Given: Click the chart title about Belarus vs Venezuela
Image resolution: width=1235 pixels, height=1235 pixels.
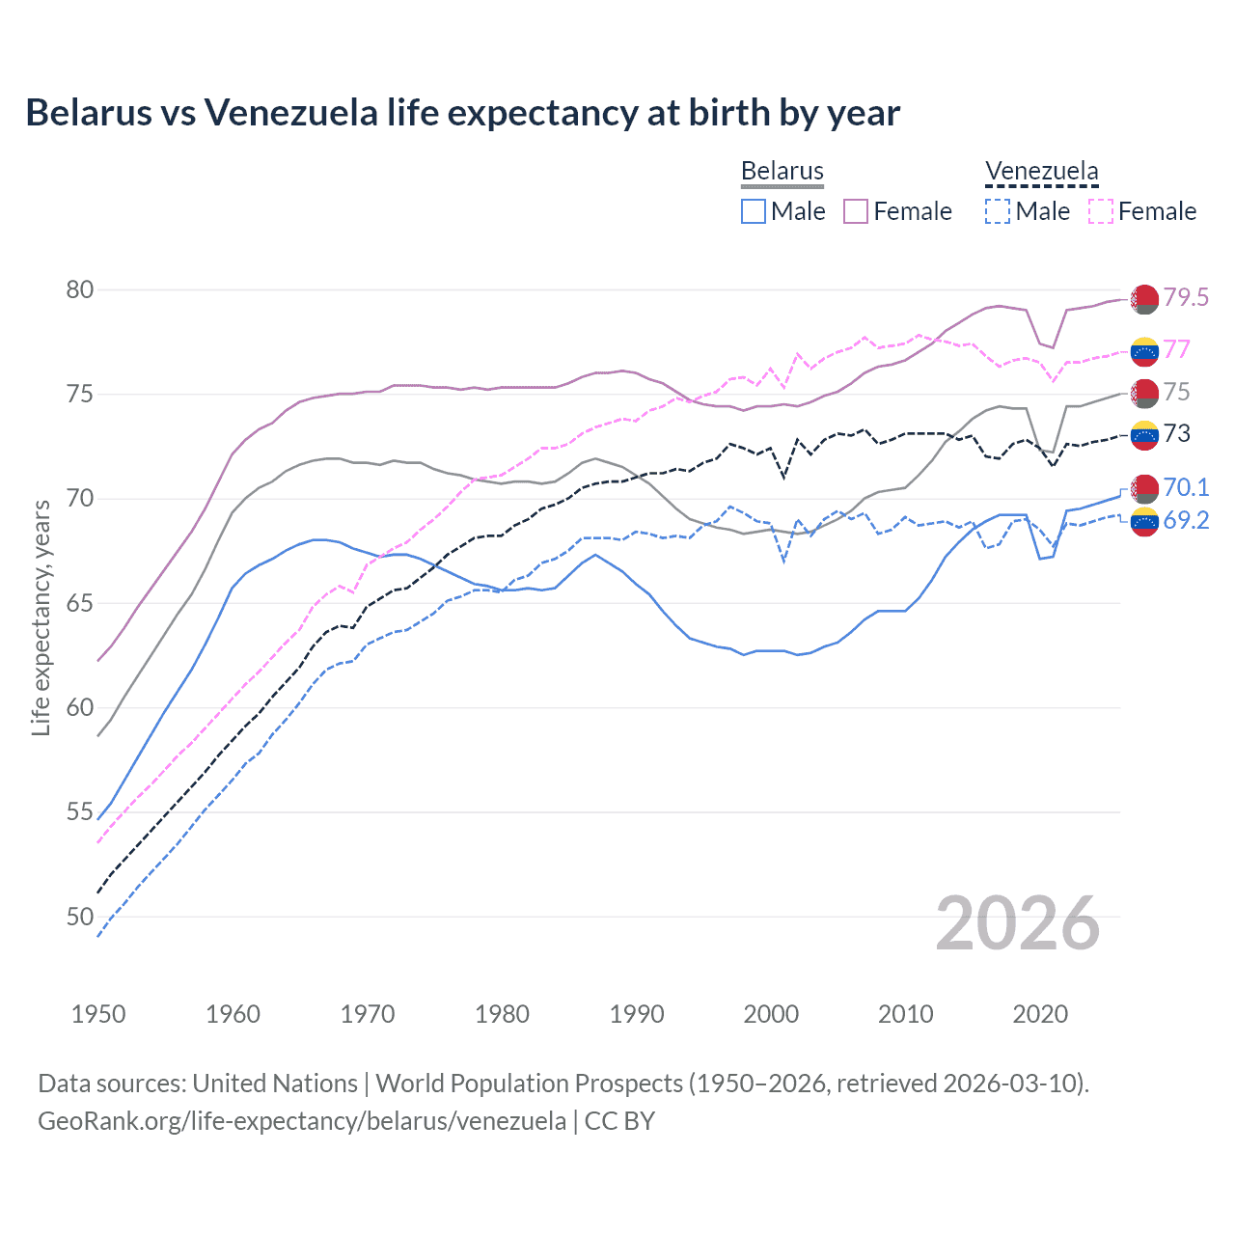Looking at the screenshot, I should (462, 113).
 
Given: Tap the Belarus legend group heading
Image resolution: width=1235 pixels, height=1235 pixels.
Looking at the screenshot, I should (782, 172).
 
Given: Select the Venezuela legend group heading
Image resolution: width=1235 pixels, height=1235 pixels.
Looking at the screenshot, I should (1041, 172).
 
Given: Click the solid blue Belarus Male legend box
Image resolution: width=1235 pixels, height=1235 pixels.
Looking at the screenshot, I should (754, 211).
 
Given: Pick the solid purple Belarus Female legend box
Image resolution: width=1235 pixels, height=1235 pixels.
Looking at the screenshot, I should (856, 211).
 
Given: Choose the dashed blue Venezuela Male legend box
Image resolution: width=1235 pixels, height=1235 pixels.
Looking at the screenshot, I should (998, 211).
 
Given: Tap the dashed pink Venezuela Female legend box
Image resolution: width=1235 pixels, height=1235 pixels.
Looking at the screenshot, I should (1101, 211).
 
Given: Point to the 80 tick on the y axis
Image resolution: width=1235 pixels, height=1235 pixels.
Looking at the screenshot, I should (80, 290).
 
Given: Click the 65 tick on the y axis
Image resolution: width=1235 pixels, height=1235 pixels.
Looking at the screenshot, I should (80, 604).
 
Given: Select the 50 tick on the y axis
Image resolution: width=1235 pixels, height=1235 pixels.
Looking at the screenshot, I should (80, 917).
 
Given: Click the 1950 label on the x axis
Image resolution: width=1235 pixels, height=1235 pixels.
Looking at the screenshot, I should (98, 1014).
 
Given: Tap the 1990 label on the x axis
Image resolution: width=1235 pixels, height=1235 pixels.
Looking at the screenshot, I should (637, 1014).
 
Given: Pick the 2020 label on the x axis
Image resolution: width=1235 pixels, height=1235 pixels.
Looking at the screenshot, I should (1040, 1014).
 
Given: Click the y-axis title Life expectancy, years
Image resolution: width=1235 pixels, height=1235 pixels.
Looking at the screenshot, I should (41, 617).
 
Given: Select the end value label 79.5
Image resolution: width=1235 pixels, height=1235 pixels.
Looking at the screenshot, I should (1186, 297).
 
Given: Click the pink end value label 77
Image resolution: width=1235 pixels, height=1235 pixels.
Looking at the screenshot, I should (1177, 349).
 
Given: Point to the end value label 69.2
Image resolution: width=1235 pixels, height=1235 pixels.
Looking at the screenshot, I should (1186, 521).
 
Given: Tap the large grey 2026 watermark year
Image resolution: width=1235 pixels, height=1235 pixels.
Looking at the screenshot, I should (1018, 923).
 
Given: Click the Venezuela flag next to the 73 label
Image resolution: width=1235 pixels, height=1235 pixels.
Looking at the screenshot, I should (1144, 435).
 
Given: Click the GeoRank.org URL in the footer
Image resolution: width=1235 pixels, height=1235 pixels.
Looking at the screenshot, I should (302, 1121).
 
